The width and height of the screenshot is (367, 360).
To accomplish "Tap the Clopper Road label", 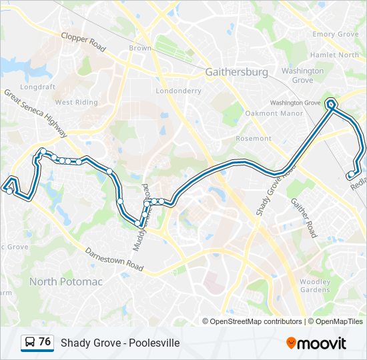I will [x=83, y=43].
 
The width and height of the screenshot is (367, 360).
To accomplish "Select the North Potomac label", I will [x=65, y=282].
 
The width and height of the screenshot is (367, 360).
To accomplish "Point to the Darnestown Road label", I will [x=114, y=259].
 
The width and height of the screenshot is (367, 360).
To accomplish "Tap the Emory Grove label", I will [x=336, y=35].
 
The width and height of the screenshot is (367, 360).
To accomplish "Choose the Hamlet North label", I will [x=334, y=55].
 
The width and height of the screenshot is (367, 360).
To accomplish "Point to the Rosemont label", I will [x=254, y=139].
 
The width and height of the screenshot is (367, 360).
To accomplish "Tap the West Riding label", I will [x=76, y=103].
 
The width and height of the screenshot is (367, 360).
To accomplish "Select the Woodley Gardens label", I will [x=315, y=286].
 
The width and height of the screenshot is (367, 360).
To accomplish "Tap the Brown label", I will [x=140, y=48].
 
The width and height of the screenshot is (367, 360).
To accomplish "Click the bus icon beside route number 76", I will [x=30, y=343].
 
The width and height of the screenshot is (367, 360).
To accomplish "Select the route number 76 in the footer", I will [x=45, y=342].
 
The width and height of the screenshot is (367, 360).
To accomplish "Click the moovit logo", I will [x=316, y=343].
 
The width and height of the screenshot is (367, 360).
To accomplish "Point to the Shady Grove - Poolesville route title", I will [x=120, y=343].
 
